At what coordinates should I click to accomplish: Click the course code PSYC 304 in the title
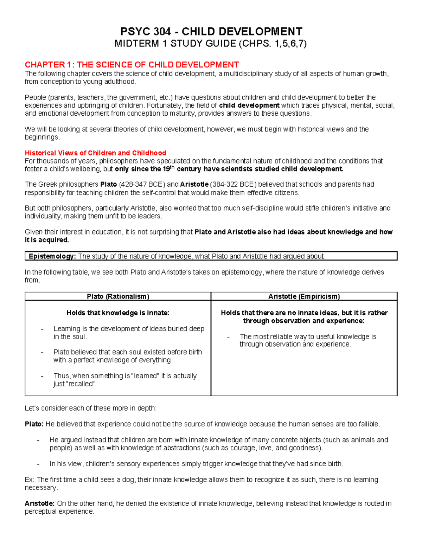[x=146, y=32]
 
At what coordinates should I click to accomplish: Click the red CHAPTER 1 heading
[x=132, y=65]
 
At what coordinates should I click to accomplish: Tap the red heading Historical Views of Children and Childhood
[x=95, y=153]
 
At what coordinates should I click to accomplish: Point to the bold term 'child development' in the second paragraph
[x=249, y=105]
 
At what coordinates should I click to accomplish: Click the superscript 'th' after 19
[x=172, y=167]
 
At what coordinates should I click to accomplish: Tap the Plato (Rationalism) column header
[x=118, y=296]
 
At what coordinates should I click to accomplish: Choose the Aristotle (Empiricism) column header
[x=304, y=296]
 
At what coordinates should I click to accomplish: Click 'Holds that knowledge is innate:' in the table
[x=118, y=313]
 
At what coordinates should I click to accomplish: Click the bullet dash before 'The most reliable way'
[x=228, y=337]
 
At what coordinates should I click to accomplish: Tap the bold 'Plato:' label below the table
[x=34, y=424]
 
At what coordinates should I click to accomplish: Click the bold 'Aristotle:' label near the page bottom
[x=39, y=503]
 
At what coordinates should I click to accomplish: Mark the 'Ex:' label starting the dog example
[x=30, y=480]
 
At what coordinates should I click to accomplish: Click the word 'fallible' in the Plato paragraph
[x=368, y=424]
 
